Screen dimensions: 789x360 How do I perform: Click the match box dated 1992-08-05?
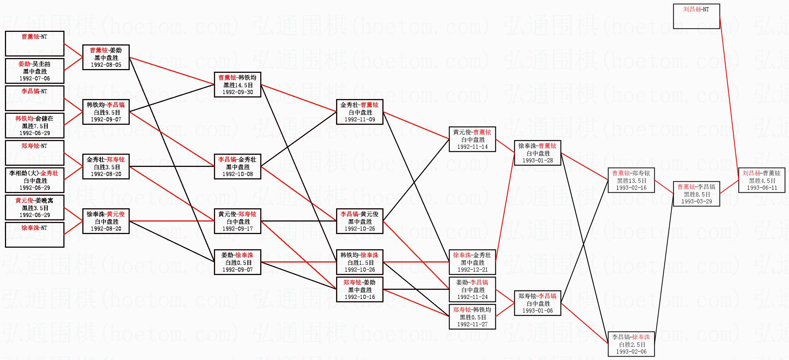[106, 57]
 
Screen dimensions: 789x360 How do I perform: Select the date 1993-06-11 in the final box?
[762, 188]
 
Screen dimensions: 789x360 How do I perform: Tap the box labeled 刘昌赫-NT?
[696, 16]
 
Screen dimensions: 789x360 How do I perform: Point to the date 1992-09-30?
[237, 92]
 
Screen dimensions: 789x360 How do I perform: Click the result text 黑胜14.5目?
[237, 85]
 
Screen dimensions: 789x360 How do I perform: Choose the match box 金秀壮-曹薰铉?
[360, 112]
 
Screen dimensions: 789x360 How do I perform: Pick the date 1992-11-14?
[472, 147]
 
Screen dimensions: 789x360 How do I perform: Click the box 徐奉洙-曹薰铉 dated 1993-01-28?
[538, 153]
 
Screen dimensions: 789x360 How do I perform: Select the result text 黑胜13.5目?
[631, 181]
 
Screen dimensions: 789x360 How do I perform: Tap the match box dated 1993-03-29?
[696, 194]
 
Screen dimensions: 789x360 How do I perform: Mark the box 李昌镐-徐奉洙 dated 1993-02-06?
[631, 344]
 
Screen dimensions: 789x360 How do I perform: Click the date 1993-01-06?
[538, 311]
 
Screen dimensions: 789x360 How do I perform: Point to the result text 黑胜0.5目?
[472, 318]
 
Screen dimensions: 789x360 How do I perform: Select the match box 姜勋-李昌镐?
[472, 289]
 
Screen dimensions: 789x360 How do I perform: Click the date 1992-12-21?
[472, 270]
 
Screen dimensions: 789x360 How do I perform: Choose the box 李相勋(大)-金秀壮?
[35, 180]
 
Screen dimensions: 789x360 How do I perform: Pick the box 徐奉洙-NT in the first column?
[35, 234]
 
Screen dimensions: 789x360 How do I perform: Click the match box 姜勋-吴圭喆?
[35, 71]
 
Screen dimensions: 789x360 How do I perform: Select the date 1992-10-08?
[237, 174]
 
